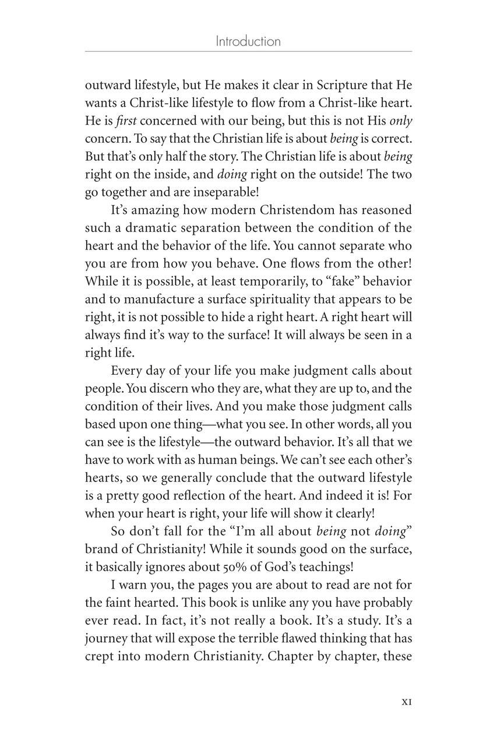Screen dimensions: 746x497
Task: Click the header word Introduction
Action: [x=248, y=41]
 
